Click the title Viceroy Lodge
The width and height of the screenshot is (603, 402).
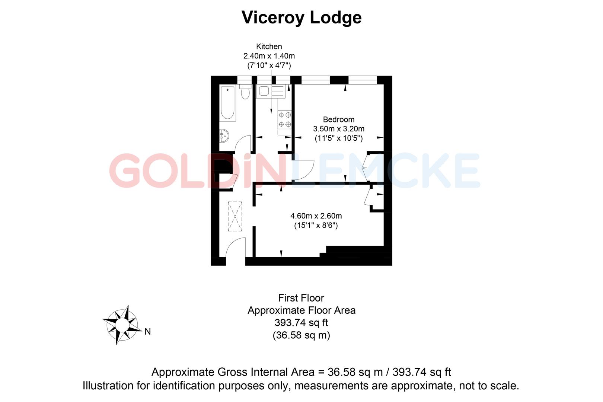[301, 17]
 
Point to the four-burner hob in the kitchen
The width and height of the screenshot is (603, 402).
[285, 120]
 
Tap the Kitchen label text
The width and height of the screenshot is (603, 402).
[269, 47]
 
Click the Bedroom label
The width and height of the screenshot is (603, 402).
[338, 119]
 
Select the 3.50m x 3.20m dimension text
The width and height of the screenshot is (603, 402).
[338, 129]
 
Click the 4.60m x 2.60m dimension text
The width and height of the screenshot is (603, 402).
[316, 216]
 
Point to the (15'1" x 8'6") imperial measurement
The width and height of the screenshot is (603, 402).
[316, 225]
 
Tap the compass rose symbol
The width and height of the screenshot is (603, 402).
[121, 325]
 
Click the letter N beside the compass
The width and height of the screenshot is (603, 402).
[148, 331]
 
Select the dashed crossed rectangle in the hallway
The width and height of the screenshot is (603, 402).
[235, 216]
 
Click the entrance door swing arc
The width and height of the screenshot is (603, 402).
[235, 247]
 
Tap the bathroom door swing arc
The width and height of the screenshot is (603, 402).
[243, 143]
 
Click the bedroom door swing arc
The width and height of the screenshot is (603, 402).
[304, 170]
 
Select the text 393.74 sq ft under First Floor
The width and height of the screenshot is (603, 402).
[301, 322]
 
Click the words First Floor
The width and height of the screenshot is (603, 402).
[301, 298]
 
